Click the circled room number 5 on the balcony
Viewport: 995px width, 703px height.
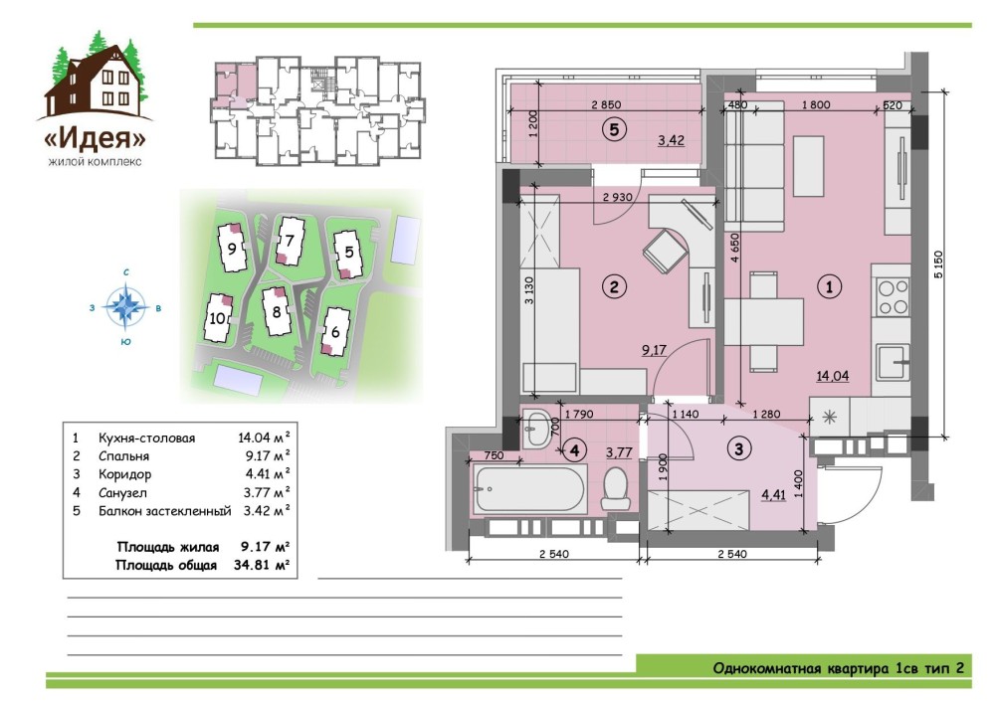[614, 130]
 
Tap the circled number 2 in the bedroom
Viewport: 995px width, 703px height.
[614, 286]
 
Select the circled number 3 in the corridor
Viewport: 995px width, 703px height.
[738, 449]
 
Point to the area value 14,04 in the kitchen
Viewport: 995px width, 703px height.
[832, 376]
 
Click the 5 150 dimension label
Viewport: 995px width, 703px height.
[939, 264]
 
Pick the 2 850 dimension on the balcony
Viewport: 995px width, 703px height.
[606, 104]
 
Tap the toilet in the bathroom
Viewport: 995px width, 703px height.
[614, 489]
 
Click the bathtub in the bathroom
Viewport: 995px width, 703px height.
[529, 489]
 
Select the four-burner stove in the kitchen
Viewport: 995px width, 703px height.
[893, 297]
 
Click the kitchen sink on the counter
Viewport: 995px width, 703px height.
[893, 362]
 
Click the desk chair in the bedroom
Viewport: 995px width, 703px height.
[665, 251]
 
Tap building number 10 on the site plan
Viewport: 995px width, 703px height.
[217, 318]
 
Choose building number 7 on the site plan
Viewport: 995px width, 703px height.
[290, 241]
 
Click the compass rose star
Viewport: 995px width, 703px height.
[125, 307]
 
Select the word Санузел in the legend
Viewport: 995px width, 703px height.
[122, 492]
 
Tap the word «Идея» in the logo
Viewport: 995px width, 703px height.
[96, 138]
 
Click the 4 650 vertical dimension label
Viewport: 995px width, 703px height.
[735, 248]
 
